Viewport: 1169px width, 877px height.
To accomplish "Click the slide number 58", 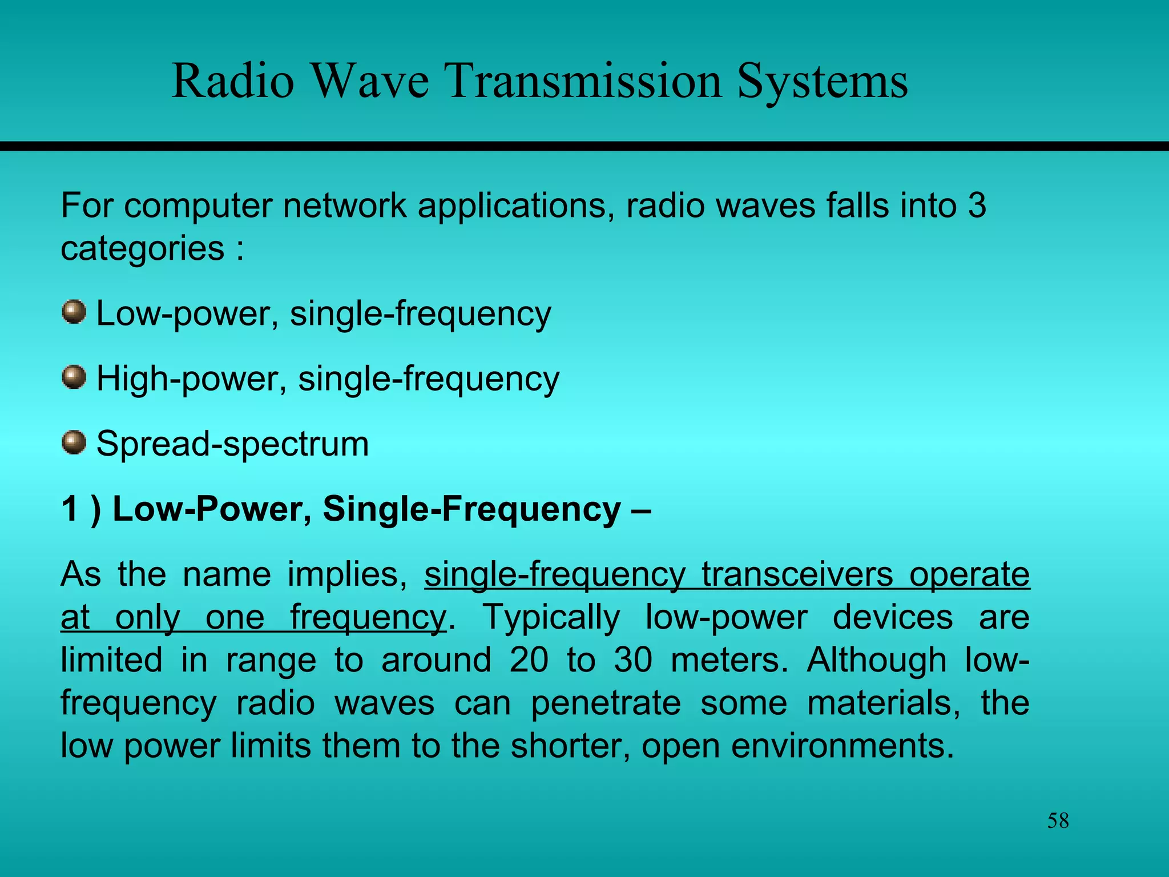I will coord(1058,821).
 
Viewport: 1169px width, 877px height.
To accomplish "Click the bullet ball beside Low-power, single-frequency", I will coord(74,312).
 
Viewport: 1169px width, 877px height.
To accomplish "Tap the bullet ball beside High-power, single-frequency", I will coord(74,377).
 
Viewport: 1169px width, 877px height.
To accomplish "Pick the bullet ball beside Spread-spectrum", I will coord(74,442).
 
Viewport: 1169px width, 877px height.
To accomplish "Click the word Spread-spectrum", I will coord(232,444).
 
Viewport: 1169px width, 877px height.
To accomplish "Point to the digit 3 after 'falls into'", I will coord(977,206).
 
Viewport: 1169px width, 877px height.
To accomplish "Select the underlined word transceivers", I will coord(797,574).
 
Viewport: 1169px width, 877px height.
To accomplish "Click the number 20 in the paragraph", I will coord(529,660).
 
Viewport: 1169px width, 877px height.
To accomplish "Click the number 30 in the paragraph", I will coord(633,660).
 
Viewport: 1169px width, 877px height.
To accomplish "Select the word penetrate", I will coord(606,703).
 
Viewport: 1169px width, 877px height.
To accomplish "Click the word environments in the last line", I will coord(842,746).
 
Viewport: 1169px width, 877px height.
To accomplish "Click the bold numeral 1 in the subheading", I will coord(69,509).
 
